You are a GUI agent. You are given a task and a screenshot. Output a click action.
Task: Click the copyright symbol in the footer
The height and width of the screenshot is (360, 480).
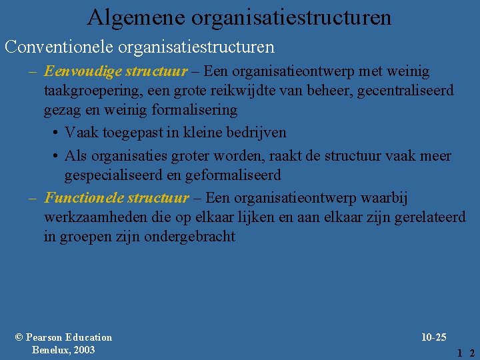coord(19,337)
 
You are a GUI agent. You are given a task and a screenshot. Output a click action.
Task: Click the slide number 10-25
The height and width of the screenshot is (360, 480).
coord(434,337)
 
